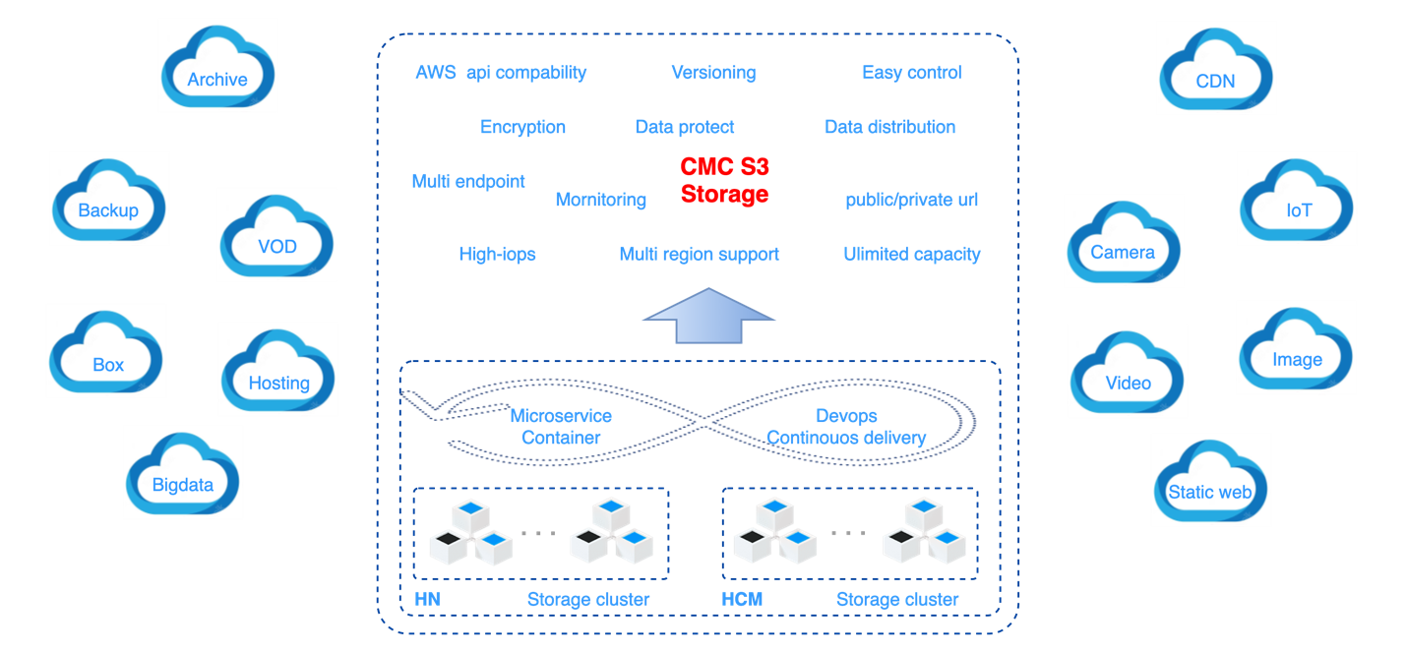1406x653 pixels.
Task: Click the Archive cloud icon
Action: click(217, 66)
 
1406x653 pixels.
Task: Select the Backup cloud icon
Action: click(109, 199)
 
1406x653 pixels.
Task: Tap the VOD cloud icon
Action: click(276, 235)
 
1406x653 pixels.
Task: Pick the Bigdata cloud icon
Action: click(183, 473)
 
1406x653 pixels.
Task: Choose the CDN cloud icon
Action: click(1216, 69)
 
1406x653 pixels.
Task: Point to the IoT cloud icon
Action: click(1298, 199)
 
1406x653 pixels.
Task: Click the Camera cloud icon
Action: click(1123, 241)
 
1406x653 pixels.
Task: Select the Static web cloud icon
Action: click(1210, 480)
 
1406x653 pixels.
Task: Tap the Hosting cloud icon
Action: click(278, 370)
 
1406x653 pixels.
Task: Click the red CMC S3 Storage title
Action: click(725, 181)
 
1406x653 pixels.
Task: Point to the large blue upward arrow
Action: click(709, 315)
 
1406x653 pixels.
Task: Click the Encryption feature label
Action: click(522, 127)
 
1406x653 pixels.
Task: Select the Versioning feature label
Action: click(713, 72)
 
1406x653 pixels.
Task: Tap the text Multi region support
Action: click(699, 254)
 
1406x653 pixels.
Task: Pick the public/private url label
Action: click(911, 201)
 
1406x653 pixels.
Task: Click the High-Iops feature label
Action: click(497, 254)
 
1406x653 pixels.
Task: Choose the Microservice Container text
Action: click(561, 427)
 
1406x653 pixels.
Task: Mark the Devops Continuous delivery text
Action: click(846, 427)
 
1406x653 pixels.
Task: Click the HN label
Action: click(427, 599)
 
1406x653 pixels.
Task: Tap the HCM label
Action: click(742, 599)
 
